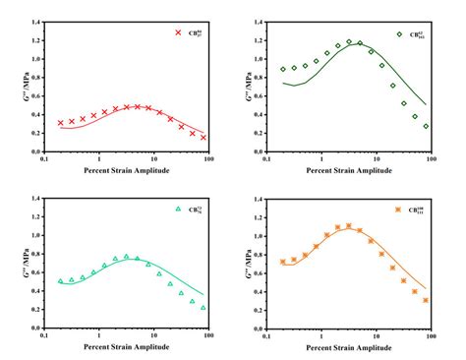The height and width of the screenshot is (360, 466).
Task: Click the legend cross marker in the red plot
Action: pyautogui.click(x=178, y=32)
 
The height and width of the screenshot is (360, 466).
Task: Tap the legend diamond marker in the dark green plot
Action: pyautogui.click(x=400, y=34)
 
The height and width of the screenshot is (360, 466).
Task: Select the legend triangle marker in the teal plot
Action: pyautogui.click(x=178, y=209)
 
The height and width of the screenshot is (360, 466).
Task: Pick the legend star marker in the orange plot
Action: pyautogui.click(x=399, y=210)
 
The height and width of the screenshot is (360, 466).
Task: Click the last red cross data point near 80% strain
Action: pyautogui.click(x=204, y=137)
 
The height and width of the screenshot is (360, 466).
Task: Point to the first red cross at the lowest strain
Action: pyautogui.click(x=60, y=123)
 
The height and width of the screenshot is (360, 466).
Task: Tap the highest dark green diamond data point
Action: pyautogui.click(x=349, y=42)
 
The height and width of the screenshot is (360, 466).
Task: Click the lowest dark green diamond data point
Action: pyautogui.click(x=426, y=126)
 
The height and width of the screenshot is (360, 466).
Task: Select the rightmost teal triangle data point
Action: pyautogui.click(x=204, y=307)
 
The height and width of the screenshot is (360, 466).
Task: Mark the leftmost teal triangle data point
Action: pyautogui.click(x=60, y=280)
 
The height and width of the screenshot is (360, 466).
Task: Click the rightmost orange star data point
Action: pyautogui.click(x=426, y=300)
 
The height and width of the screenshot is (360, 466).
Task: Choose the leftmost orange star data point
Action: pyautogui.click(x=283, y=262)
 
